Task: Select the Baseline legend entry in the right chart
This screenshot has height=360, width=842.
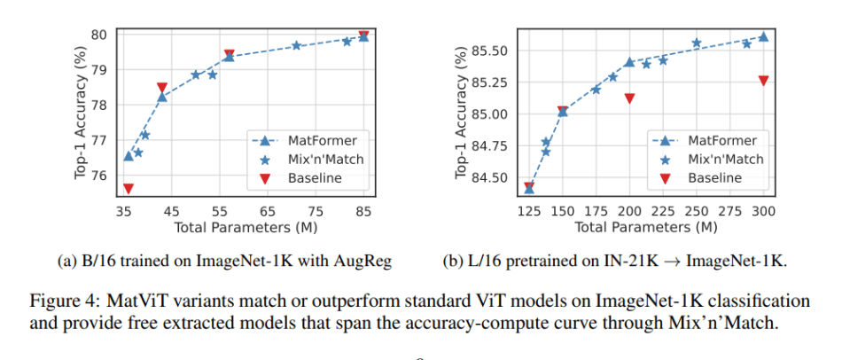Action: [x=713, y=177]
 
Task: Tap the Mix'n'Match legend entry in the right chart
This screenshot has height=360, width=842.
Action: [x=722, y=159]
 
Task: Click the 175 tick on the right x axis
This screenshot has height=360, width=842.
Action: [x=596, y=212]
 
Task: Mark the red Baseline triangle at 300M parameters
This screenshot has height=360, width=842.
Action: [x=763, y=81]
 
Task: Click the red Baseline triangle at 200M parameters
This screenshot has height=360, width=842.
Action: [x=629, y=98]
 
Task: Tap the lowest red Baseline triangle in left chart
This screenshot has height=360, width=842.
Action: [x=129, y=189]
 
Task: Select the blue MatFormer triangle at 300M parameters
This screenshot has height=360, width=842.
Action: [x=763, y=36]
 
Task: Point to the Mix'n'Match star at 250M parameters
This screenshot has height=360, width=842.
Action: [x=697, y=43]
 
